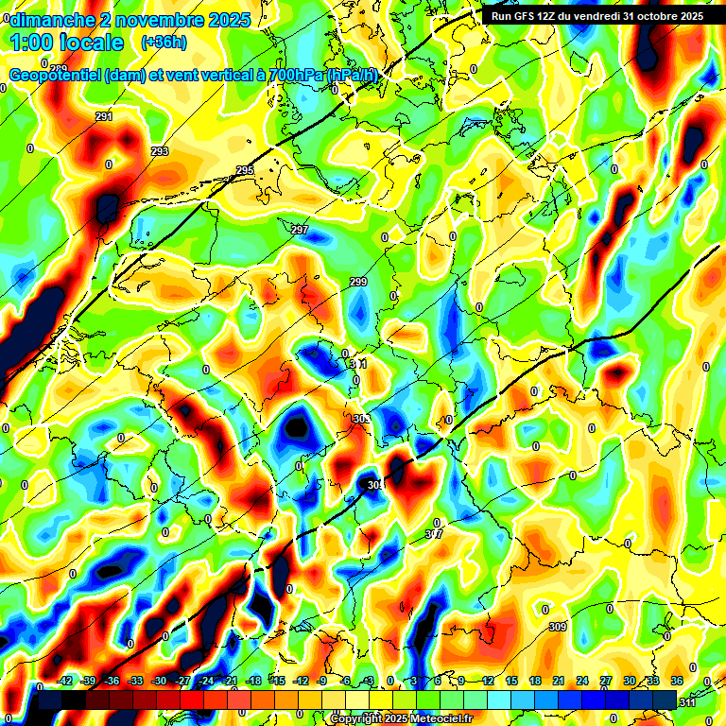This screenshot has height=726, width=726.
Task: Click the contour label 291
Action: click(104, 116)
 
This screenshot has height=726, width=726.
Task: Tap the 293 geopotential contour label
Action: click(160, 151)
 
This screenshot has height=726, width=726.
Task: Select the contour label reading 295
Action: click(245, 170)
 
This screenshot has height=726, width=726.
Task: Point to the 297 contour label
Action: click(300, 231)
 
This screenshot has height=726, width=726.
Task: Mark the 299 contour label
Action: click(358, 282)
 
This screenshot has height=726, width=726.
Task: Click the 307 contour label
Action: click(434, 534)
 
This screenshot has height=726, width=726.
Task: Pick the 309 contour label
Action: click(558, 627)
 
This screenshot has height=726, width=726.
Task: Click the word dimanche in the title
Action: click(53, 19)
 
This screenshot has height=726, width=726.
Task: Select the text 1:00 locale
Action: click(68, 43)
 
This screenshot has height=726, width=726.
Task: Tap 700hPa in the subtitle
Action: click(284, 76)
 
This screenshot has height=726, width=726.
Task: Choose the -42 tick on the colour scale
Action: click(65, 681)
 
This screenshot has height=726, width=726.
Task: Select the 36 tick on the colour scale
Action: click(676, 681)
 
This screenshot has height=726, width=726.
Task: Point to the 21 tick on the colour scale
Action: click(558, 681)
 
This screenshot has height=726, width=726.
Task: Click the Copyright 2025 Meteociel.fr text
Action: click(401, 718)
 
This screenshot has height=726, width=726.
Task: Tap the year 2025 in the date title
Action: click(227, 19)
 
